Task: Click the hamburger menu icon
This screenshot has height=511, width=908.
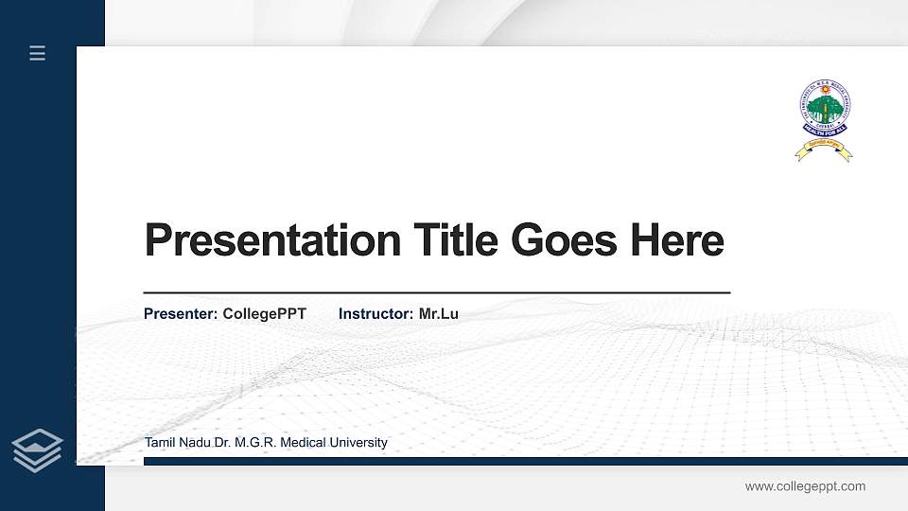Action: coord(38,53)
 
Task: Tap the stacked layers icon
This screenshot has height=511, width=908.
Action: coord(38,449)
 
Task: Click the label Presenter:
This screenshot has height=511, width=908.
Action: coord(181,313)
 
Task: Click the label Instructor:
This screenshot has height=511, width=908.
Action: coord(376,313)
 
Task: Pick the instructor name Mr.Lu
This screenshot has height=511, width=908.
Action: coord(438,313)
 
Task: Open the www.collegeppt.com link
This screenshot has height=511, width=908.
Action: coord(805,486)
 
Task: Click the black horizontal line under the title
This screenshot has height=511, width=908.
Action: coord(436,293)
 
